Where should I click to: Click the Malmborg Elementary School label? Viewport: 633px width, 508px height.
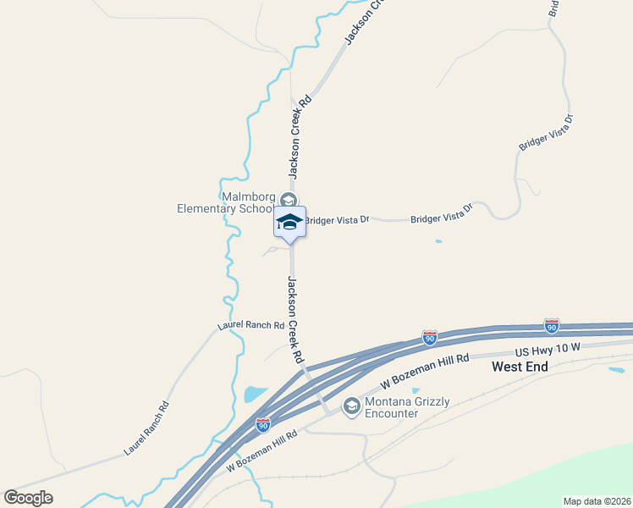tap(224, 202)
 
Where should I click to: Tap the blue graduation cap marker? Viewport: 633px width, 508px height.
tap(289, 222)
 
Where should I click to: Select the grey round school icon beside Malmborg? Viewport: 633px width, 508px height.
tap(289, 201)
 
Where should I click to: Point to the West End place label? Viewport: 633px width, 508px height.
tap(520, 367)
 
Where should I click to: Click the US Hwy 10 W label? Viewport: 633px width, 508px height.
tap(548, 348)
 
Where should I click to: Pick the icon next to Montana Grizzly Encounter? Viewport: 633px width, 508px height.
tap(351, 407)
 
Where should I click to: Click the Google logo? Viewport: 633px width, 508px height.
tap(28, 498)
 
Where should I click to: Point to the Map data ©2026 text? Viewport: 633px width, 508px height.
tap(597, 501)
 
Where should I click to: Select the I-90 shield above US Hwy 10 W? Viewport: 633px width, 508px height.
tap(552, 326)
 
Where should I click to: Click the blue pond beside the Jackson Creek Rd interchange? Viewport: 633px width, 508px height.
tap(255, 394)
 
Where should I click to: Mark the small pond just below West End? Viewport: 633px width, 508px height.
tap(616, 370)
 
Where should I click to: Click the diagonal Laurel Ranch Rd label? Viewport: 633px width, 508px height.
tap(146, 428)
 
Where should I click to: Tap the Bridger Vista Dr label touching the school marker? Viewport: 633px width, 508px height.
tap(337, 220)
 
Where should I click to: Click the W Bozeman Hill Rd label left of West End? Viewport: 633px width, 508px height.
tap(425, 371)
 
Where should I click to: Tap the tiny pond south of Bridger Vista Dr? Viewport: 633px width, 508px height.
tap(438, 241)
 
